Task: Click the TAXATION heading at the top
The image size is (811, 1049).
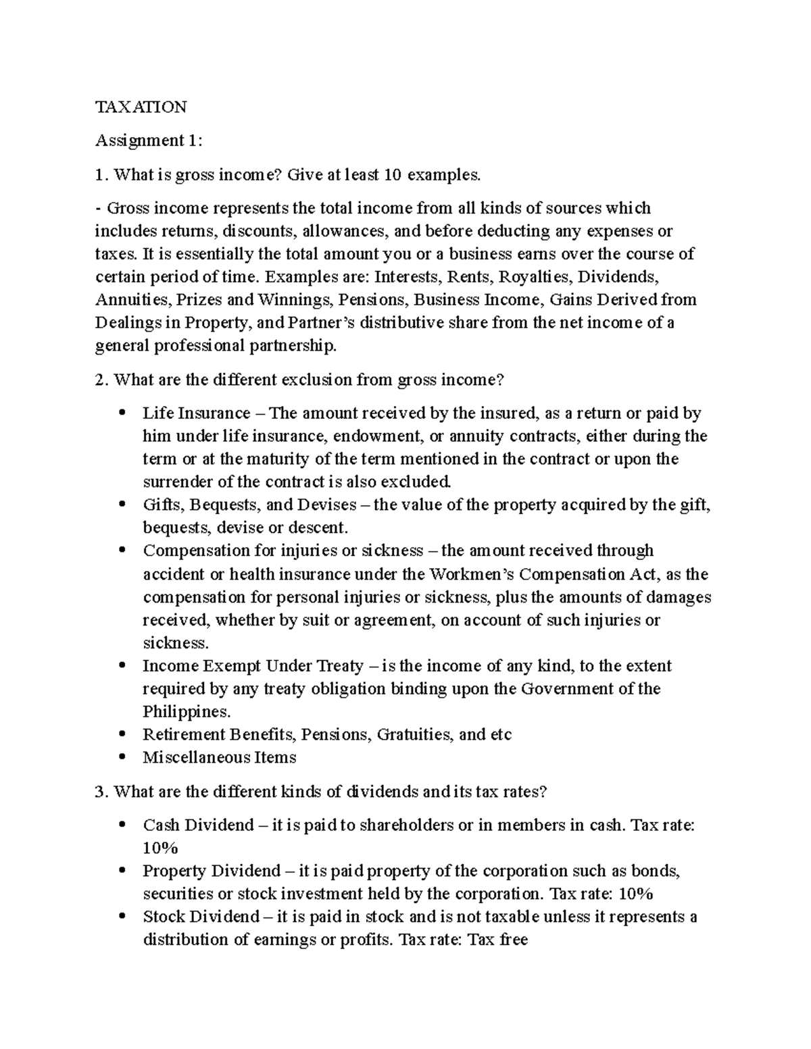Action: point(141,107)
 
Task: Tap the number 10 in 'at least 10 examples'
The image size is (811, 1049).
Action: point(392,175)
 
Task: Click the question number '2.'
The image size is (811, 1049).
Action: point(102,380)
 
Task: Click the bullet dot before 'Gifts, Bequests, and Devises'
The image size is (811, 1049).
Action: point(122,505)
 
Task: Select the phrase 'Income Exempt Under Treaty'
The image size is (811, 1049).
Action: point(253,666)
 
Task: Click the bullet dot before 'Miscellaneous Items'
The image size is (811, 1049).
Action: point(122,758)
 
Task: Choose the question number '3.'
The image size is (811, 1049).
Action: point(102,792)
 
